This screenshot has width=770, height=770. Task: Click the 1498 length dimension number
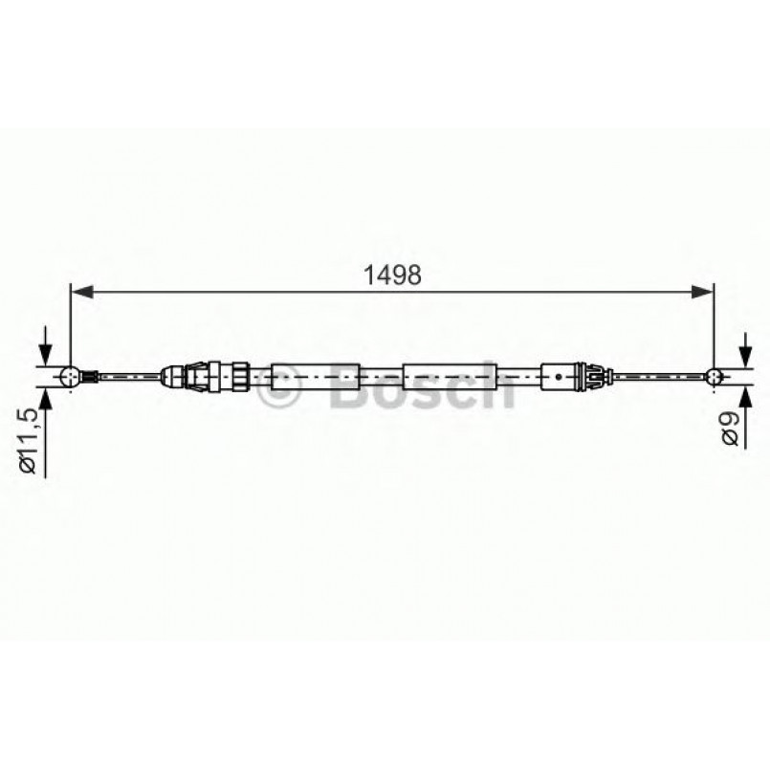[x=392, y=275]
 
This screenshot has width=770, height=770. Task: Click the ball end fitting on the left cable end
[x=67, y=377]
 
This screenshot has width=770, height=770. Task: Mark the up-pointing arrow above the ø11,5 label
[x=44, y=401]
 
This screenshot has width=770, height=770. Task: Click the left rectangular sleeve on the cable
[x=316, y=377]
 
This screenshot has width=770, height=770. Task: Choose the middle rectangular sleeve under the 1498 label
[x=446, y=377]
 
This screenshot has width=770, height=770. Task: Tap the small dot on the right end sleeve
[x=558, y=377]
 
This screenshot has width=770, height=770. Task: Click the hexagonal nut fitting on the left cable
[x=201, y=377]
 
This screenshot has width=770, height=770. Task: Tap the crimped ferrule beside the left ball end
[x=86, y=377]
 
